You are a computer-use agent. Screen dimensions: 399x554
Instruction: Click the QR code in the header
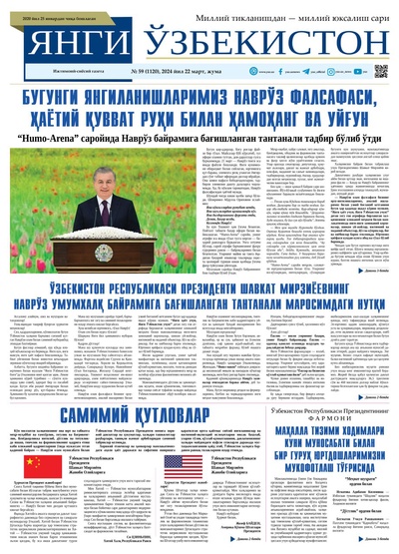381,71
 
